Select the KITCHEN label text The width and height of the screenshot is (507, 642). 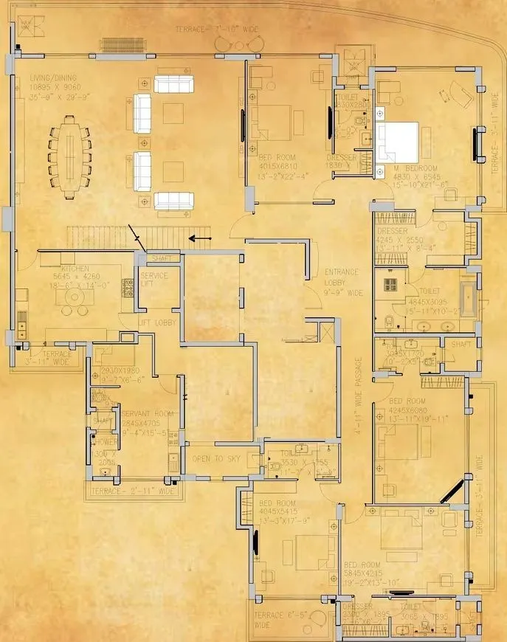75,269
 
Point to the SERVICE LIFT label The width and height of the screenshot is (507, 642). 154,280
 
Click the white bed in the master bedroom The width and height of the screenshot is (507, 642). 397,140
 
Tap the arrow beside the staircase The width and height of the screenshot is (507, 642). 197,238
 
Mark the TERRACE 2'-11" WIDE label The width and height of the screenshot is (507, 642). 134,491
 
